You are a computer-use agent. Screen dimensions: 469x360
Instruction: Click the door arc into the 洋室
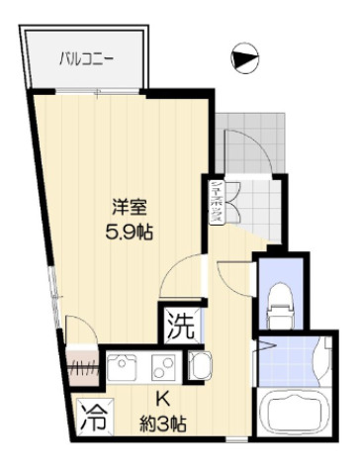click(180, 272)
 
